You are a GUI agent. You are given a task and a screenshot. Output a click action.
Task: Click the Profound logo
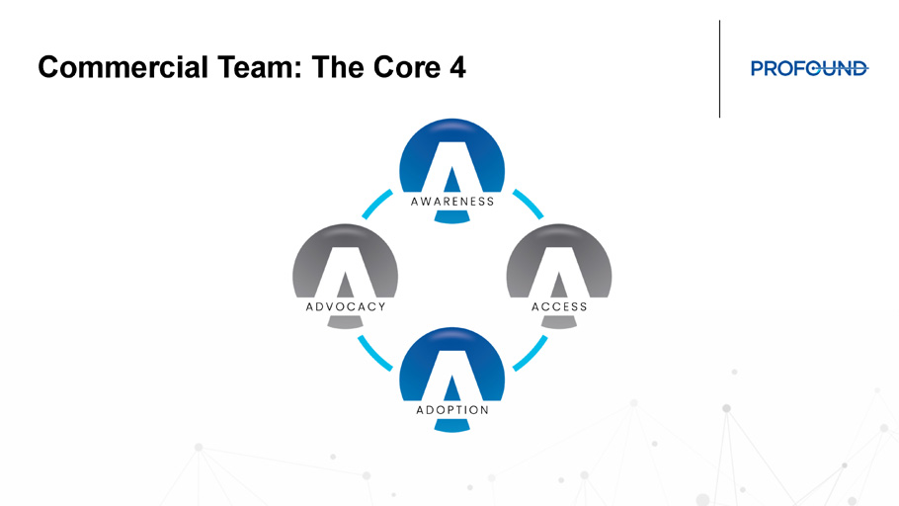pyautogui.click(x=809, y=68)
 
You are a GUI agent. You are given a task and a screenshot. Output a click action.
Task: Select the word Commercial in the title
pyautogui.click(x=123, y=67)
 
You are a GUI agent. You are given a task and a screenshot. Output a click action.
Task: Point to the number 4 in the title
pyautogui.click(x=457, y=67)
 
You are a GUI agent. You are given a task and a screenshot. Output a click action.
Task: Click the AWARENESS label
pyautogui.click(x=452, y=202)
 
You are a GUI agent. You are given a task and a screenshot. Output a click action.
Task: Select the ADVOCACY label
pyautogui.click(x=346, y=307)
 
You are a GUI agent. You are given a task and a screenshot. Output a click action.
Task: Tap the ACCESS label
pyautogui.click(x=559, y=307)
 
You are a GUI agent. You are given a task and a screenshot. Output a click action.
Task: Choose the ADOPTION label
pyautogui.click(x=452, y=410)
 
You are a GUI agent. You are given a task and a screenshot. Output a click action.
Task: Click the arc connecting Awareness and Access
pyautogui.click(x=530, y=203)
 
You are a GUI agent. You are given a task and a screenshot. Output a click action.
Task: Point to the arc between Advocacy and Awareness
pyautogui.click(x=376, y=203)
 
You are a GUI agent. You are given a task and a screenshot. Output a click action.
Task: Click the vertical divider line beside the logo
pyautogui.click(x=719, y=69)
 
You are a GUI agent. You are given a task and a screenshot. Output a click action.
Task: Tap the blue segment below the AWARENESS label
pyautogui.click(x=452, y=216)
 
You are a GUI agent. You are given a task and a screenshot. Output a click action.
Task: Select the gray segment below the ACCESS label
pyautogui.click(x=559, y=322)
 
